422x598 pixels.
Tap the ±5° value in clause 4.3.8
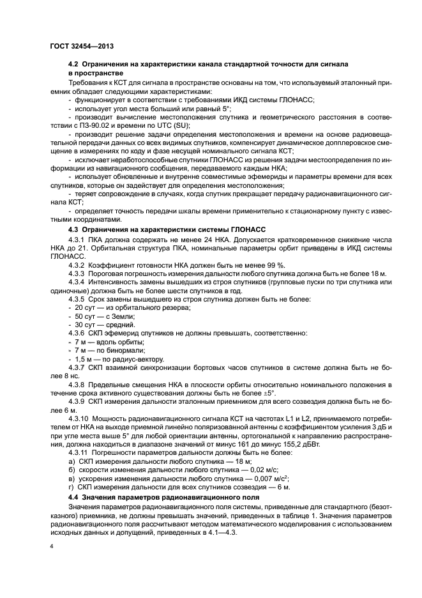click(267, 392)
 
